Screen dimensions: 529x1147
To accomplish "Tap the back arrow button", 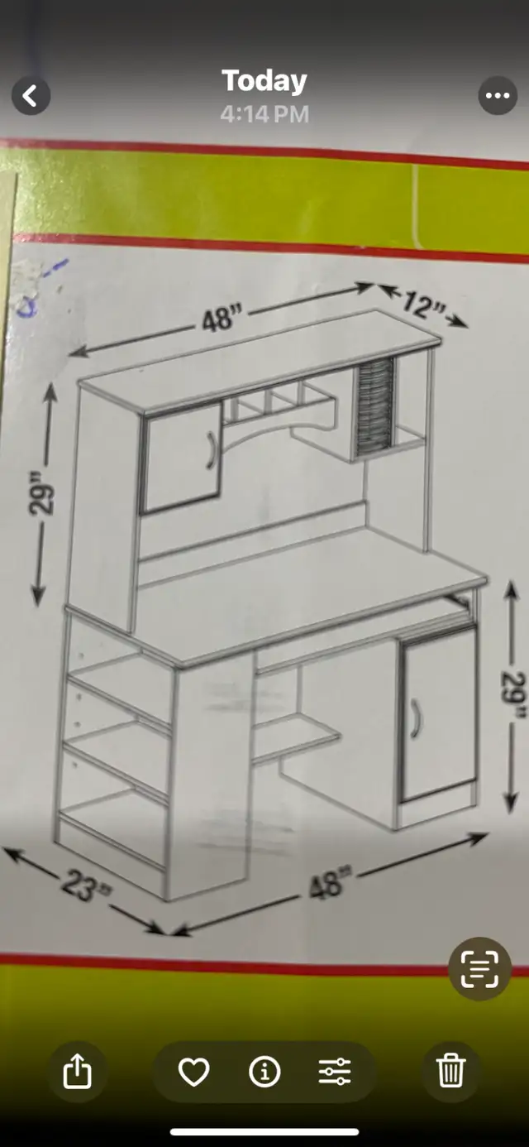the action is (x=31, y=96).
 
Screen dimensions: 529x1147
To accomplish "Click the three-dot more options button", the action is (x=498, y=95).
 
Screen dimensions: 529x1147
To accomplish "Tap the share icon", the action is (x=77, y=1071).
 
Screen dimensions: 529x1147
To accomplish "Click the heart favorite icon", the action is (x=193, y=1072).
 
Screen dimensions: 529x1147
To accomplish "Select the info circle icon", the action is (x=264, y=1072).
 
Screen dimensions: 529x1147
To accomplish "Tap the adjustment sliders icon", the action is (x=335, y=1072).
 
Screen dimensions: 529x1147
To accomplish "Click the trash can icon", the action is (x=450, y=1070).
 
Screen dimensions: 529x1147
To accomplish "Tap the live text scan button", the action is (x=479, y=969).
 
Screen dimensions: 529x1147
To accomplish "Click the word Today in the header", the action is (x=264, y=81).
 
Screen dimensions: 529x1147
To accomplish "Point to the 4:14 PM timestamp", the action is (x=264, y=114).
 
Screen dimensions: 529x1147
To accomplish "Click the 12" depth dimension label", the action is (x=422, y=305).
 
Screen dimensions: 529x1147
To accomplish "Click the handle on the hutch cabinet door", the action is (x=211, y=450).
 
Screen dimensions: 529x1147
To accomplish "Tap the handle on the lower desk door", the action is (x=416, y=719).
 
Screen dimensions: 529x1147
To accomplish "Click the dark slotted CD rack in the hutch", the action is (x=375, y=407).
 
